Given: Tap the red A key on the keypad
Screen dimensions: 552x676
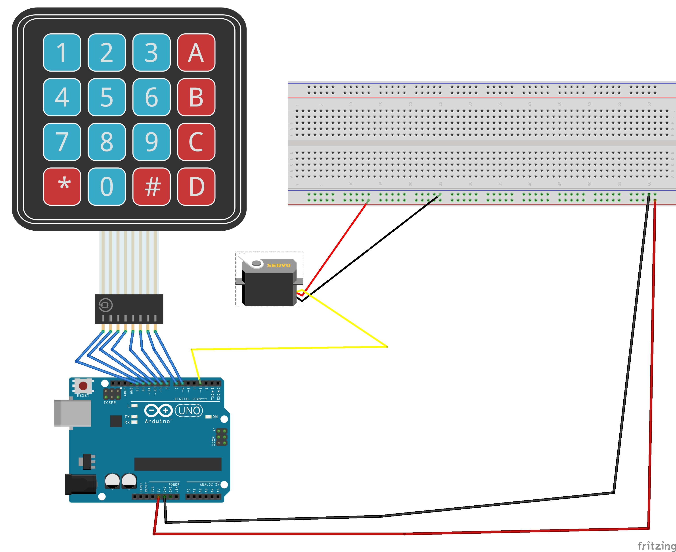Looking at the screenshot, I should tap(196, 53).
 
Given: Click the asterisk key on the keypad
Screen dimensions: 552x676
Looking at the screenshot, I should tap(62, 187).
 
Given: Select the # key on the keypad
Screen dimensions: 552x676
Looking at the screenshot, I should tap(151, 187).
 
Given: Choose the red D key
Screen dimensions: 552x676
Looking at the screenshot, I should tap(196, 187).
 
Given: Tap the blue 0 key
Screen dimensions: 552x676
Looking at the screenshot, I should tap(107, 187).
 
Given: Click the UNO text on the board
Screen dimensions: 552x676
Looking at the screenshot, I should tap(189, 410).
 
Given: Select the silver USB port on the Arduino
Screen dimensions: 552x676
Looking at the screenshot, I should tap(73, 413).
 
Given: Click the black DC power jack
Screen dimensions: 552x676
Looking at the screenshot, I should tap(80, 484).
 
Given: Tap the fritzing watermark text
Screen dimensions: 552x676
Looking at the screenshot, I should tap(656, 546).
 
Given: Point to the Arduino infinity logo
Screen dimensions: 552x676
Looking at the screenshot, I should tap(158, 410).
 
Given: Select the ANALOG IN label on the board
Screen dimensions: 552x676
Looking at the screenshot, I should tap(209, 485).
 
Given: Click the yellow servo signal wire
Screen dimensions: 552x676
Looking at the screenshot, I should tap(286, 348).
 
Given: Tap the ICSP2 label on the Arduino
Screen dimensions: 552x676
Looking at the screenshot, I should tap(109, 402).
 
